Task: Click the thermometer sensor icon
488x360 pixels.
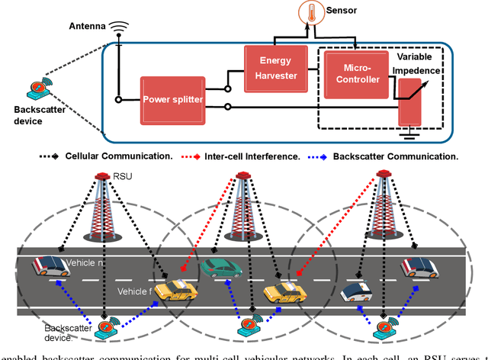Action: [310, 13]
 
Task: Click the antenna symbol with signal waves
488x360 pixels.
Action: [118, 28]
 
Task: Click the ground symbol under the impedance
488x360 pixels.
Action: [410, 136]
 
